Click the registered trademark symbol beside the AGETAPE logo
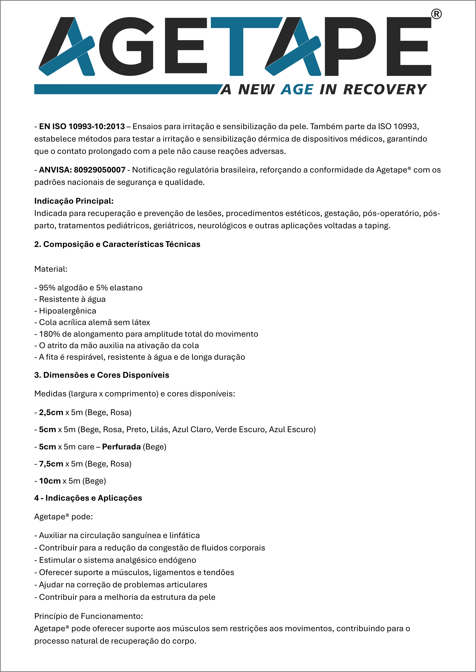point(436,14)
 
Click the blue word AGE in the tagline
point(297,90)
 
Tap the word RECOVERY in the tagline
point(385,90)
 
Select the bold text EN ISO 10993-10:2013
point(82,126)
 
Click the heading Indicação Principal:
point(74,201)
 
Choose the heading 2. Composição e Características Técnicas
point(117,244)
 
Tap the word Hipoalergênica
point(67,311)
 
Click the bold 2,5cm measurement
point(51,412)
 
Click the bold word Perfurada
point(121,447)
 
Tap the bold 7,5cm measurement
point(51,464)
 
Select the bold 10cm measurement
point(50,481)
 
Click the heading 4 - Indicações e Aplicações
point(88,498)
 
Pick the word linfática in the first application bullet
point(184,535)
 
